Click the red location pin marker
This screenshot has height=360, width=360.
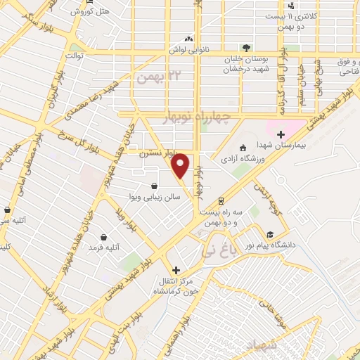pos(181,166)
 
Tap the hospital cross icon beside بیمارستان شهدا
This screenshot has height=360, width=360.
pos(281,134)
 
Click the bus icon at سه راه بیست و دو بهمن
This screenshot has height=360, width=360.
pos(221,200)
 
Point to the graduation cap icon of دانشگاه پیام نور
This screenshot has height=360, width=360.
pos(270,235)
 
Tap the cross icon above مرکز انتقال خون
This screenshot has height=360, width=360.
pos(176,270)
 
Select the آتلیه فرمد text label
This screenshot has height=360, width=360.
pos(108,247)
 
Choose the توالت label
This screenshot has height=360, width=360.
pos(74,55)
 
